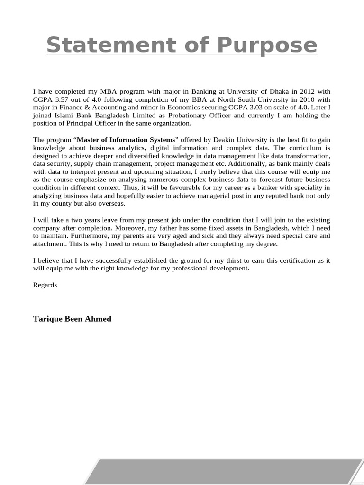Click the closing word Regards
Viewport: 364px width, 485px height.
pos(45,285)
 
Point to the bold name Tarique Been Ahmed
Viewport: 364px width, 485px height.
pos(72,319)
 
